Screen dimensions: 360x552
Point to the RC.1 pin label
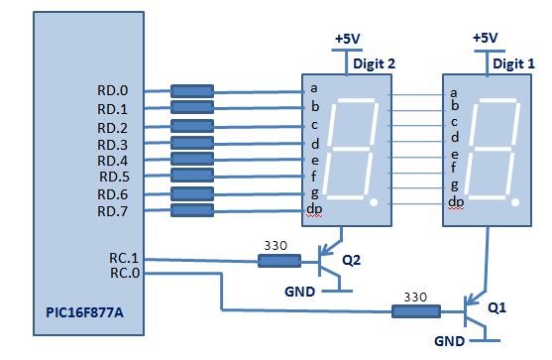click(x=123, y=258)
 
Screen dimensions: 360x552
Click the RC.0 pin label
click(x=123, y=273)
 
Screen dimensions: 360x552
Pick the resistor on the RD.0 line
click(x=192, y=91)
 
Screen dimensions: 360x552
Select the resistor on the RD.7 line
click(x=192, y=210)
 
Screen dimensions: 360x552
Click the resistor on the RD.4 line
click(x=192, y=160)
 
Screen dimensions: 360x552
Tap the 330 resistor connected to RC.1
click(x=279, y=261)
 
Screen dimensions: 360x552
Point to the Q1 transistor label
click(x=498, y=308)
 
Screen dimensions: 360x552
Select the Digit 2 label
click(x=374, y=63)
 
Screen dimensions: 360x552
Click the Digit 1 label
click(x=513, y=63)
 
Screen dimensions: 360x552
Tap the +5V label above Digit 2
click(x=348, y=39)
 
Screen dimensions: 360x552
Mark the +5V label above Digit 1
click(x=486, y=38)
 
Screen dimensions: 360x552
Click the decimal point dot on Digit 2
click(x=373, y=202)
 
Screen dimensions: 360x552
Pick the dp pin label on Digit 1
click(x=457, y=202)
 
